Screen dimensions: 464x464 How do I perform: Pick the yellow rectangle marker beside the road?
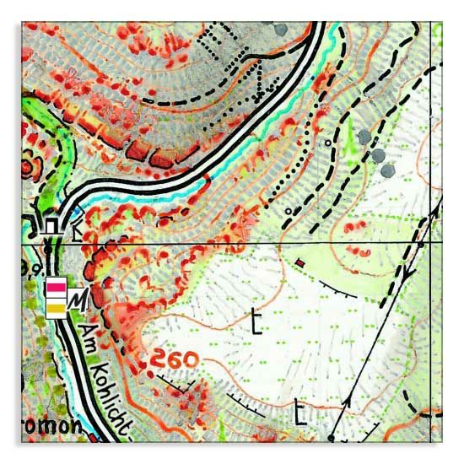pos(56,310)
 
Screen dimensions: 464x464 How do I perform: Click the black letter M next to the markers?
pos(78,299)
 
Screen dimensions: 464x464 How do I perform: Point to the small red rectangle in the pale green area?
pos(299,263)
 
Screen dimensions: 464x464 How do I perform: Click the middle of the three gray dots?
pos(377,155)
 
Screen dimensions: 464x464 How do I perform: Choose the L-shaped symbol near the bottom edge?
pos(300,414)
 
